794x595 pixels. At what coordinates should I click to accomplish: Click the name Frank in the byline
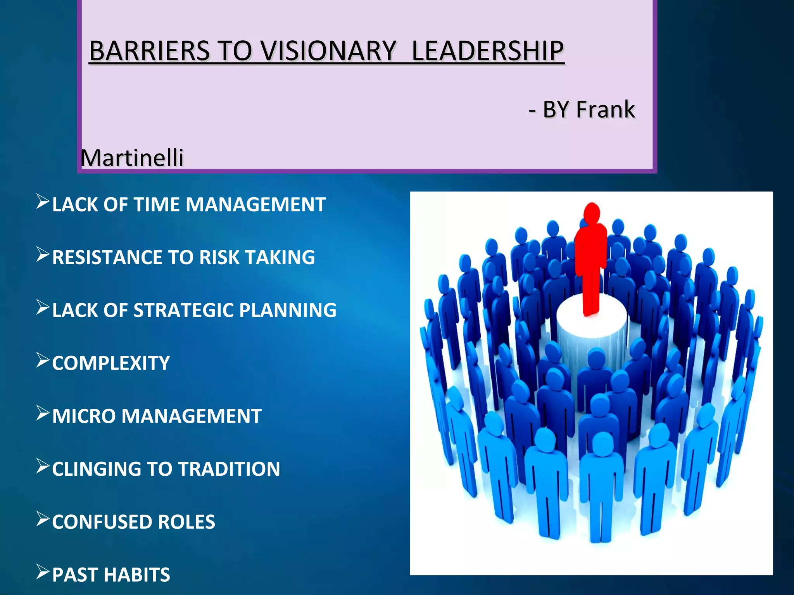(x=605, y=109)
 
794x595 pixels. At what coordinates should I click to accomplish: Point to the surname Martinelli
(x=132, y=158)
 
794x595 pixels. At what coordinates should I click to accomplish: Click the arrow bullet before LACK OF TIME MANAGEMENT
(x=43, y=202)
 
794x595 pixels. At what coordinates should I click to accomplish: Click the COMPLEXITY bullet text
(x=111, y=363)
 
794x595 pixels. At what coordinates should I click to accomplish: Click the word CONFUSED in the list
(x=102, y=522)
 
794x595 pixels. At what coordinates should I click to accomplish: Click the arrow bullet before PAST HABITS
(x=43, y=572)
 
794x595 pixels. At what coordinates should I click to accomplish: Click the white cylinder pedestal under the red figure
(x=591, y=333)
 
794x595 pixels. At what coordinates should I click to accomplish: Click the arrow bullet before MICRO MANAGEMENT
(x=43, y=413)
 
